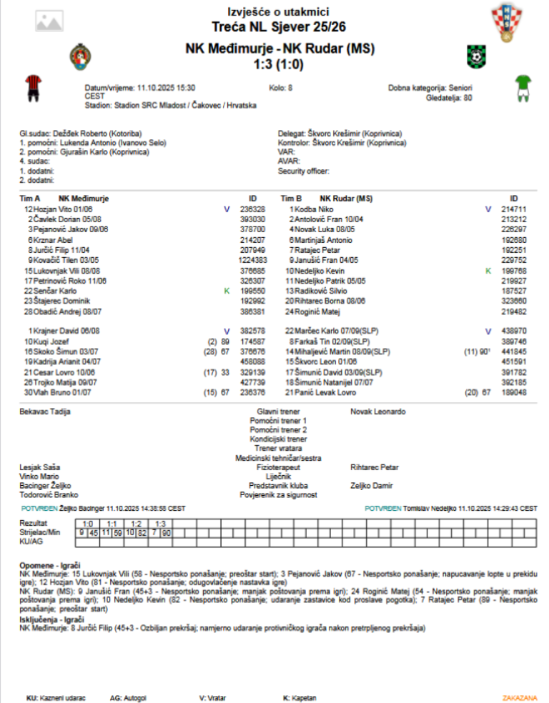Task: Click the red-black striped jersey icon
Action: click(x=31, y=86)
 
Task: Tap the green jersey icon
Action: click(x=525, y=86)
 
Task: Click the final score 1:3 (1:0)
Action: click(x=279, y=64)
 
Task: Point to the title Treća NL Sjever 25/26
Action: click(x=279, y=27)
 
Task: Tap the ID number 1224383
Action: click(x=250, y=261)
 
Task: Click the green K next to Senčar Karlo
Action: click(x=226, y=291)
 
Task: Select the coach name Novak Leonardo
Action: click(x=378, y=412)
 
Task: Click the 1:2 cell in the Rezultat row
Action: click(x=135, y=524)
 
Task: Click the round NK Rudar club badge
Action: click(x=474, y=55)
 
